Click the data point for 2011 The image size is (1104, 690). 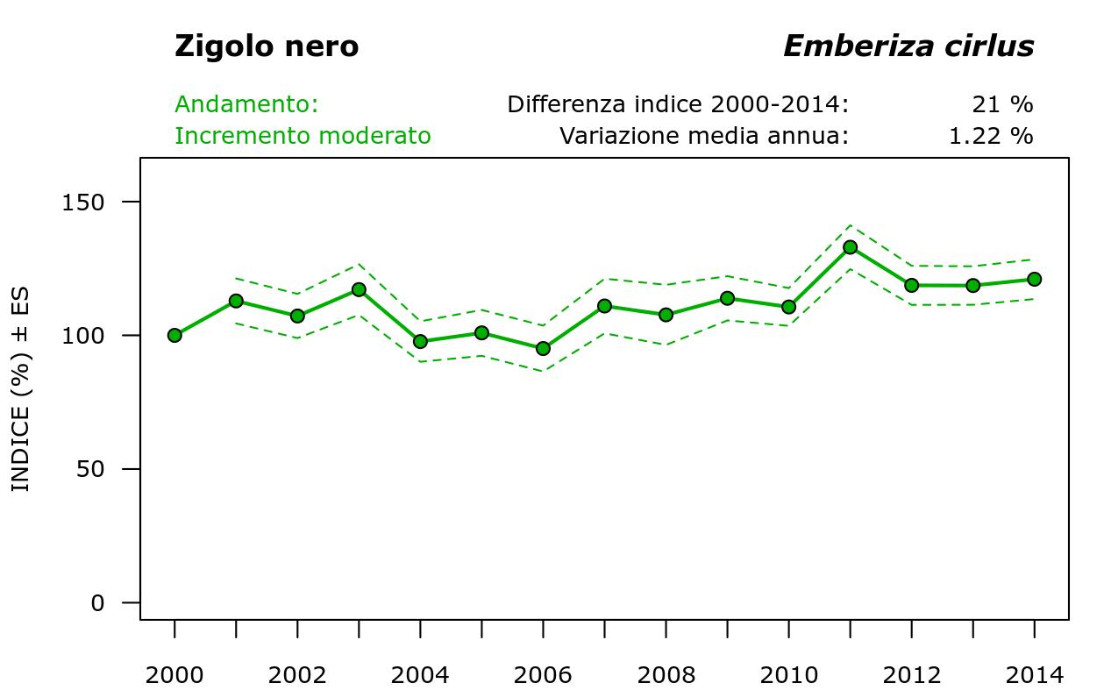pyautogui.click(x=850, y=247)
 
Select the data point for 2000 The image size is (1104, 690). pyautogui.click(x=175, y=335)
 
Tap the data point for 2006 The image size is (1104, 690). pyautogui.click(x=543, y=348)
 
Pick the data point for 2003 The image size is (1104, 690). pyautogui.click(x=359, y=289)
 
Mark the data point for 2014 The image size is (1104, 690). pyautogui.click(x=1034, y=279)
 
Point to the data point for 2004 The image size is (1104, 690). pyautogui.click(x=420, y=341)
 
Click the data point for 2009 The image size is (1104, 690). pyautogui.click(x=727, y=298)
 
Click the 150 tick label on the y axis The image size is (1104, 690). pyautogui.click(x=86, y=203)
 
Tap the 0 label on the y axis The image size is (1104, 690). pyautogui.click(x=98, y=603)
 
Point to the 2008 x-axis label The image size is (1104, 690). pyautogui.click(x=666, y=675)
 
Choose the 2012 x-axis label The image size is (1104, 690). pyautogui.click(x=911, y=675)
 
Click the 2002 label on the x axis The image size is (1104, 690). pyautogui.click(x=297, y=675)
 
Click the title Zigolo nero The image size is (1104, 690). pyautogui.click(x=267, y=46)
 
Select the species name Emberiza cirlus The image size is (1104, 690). pyautogui.click(x=908, y=46)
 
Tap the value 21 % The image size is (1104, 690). pyautogui.click(x=1002, y=104)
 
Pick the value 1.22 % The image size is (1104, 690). pyautogui.click(x=991, y=136)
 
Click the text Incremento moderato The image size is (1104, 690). pyautogui.click(x=303, y=136)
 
